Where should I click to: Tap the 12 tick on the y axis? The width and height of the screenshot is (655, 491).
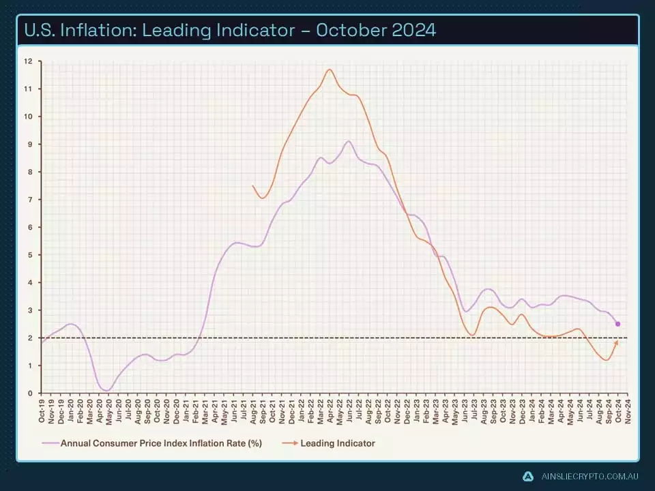(x=28, y=61)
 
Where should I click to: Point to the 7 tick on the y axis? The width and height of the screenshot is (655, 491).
(x=29, y=200)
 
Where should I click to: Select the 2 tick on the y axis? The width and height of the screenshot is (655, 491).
(x=29, y=338)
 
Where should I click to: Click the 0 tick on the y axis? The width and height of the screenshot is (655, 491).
(x=29, y=393)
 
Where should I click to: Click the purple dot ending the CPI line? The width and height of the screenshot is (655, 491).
(x=617, y=324)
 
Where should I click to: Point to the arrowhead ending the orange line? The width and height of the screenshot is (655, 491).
(x=617, y=342)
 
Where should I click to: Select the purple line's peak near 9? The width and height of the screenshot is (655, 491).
(x=349, y=141)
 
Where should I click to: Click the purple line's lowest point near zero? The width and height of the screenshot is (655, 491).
(x=107, y=390)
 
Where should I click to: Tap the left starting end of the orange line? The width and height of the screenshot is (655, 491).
(x=252, y=185)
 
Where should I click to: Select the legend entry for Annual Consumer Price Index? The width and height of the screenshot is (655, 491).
(x=161, y=443)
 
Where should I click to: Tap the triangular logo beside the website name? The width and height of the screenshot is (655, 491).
(x=527, y=476)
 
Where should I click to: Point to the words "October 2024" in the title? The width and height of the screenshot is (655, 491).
(x=381, y=31)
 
